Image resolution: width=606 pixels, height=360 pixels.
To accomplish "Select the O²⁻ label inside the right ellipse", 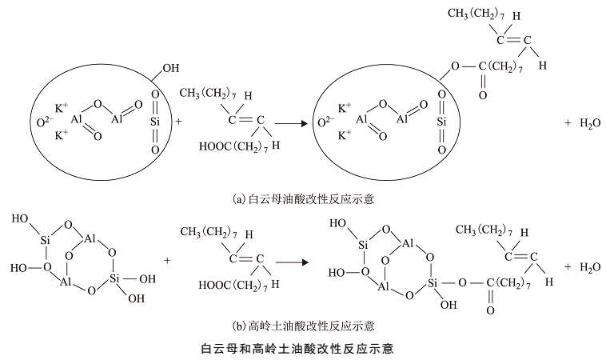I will [x=323, y=122].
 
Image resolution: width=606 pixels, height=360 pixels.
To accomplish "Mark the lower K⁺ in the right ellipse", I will [x=345, y=136].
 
